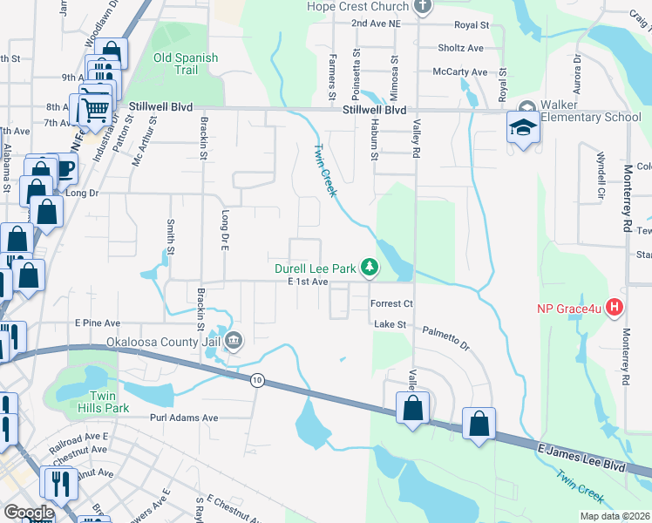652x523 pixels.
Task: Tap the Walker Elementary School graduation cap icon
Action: click(x=523, y=130)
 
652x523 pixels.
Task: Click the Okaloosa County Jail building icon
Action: click(x=234, y=342)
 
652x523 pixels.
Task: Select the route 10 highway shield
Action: click(x=256, y=380)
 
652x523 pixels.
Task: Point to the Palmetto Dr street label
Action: click(x=446, y=338)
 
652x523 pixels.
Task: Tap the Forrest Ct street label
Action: click(x=391, y=304)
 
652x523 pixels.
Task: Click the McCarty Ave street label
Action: click(x=463, y=71)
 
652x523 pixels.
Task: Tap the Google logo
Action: click(x=29, y=513)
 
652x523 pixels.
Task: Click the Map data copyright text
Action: click(x=615, y=516)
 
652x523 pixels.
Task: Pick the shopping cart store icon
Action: click(x=95, y=110)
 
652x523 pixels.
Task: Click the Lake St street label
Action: click(x=390, y=324)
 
